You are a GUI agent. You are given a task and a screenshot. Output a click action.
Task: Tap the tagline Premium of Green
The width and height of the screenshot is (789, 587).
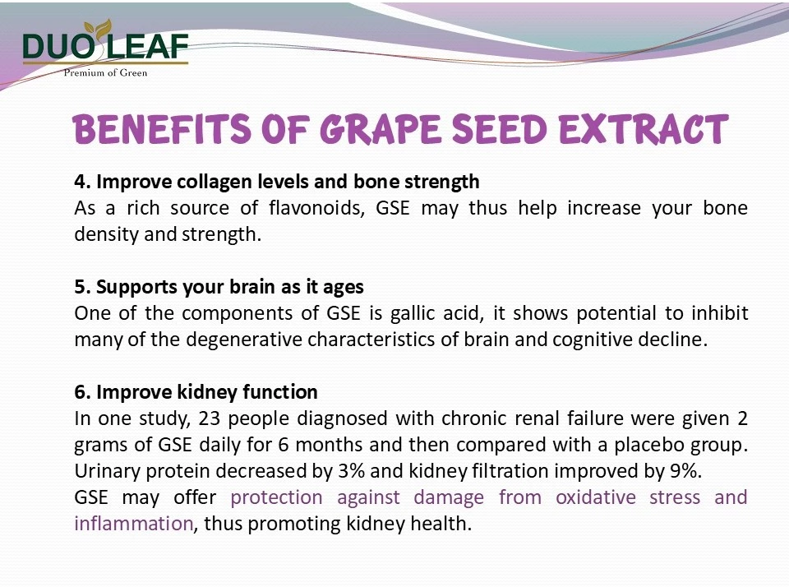105,72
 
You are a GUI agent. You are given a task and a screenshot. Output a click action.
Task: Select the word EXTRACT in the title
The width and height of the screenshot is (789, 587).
644,129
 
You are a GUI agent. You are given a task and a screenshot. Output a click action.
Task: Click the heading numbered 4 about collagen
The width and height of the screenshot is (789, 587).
277,182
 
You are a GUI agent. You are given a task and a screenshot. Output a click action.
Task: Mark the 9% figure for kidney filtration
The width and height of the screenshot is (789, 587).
685,471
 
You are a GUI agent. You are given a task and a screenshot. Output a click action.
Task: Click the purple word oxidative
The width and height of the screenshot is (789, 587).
596,497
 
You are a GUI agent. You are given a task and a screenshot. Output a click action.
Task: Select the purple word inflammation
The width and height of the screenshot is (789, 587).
134,524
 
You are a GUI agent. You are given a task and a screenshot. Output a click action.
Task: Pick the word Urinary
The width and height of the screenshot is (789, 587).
107,472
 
